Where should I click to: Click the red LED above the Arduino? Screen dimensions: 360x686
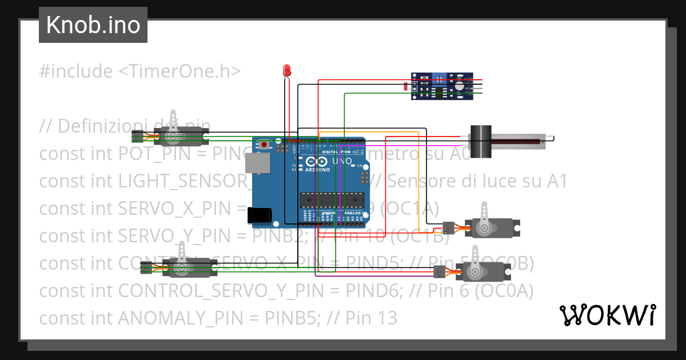click(x=287, y=71)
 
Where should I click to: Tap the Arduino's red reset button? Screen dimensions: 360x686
click(x=264, y=143)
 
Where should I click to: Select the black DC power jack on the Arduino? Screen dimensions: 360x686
click(x=258, y=215)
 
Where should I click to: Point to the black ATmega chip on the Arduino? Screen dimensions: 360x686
click(x=332, y=200)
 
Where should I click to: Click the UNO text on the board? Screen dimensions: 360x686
click(x=342, y=162)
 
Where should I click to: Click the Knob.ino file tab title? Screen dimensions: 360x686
click(x=93, y=25)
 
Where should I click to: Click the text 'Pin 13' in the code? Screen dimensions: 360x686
click(x=371, y=318)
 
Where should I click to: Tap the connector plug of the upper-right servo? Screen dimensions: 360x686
click(x=449, y=227)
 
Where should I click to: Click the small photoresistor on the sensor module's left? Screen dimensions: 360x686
click(x=405, y=87)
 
